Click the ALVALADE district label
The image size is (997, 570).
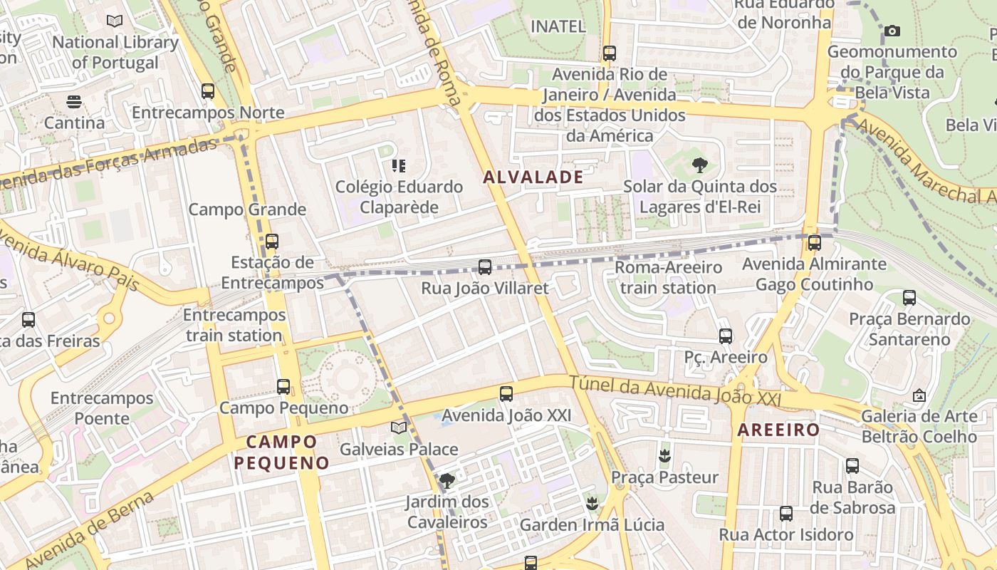click(533, 177)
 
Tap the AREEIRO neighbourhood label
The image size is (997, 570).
click(778, 430)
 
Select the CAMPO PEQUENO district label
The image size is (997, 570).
click(281, 452)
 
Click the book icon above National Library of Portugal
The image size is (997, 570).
click(115, 21)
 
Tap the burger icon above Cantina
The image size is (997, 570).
click(74, 102)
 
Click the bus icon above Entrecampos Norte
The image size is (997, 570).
click(208, 91)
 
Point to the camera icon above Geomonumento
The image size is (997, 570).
click(892, 31)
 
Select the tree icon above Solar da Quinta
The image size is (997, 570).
click(699, 166)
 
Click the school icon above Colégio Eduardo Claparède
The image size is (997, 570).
click(399, 166)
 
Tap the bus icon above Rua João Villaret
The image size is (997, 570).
click(485, 267)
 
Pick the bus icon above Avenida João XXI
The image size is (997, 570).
click(506, 393)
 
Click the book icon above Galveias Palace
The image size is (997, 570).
click(399, 428)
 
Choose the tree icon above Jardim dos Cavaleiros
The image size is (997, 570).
click(447, 481)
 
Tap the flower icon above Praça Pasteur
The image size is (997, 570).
click(664, 456)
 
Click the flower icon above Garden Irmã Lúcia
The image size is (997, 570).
click(591, 504)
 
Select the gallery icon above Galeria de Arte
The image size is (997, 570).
click(919, 395)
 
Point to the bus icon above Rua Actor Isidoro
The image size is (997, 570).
click(786, 513)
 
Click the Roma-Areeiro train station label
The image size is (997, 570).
click(668, 278)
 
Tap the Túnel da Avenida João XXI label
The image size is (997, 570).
click(674, 393)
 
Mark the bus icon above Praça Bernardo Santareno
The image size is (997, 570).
click(909, 298)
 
